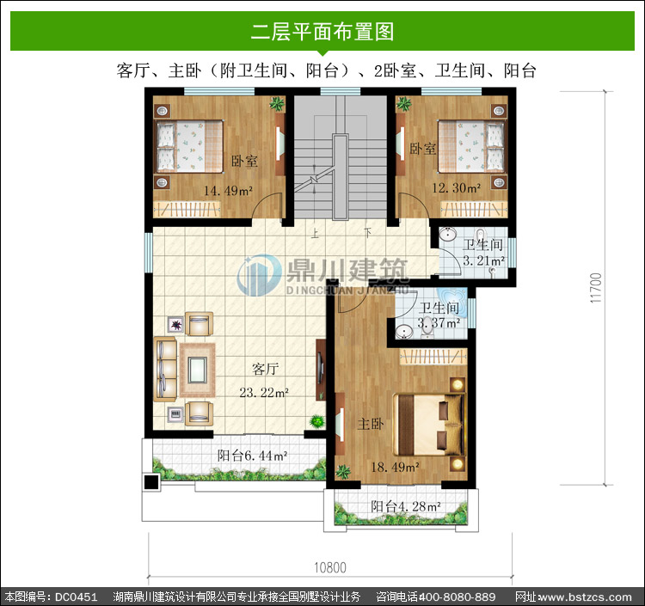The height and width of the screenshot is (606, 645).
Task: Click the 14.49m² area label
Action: [228, 191]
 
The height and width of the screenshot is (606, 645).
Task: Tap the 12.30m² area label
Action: [456, 188]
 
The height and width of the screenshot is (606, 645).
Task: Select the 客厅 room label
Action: [266, 370]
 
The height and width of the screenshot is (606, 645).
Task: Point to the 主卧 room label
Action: [371, 424]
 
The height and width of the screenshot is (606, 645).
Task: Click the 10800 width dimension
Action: [330, 568]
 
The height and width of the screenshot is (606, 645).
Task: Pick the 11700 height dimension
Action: [596, 288]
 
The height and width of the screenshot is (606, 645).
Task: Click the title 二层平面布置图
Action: [322, 32]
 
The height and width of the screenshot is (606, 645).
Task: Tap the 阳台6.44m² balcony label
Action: [252, 456]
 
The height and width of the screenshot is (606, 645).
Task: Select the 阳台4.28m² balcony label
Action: [406, 506]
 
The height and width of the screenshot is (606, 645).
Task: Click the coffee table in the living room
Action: [198, 370]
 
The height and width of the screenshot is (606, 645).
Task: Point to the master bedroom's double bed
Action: [428, 425]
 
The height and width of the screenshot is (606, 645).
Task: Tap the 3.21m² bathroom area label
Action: [483, 260]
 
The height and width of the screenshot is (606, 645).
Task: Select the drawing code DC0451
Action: [76, 597]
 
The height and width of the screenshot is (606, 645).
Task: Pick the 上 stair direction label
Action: [315, 234]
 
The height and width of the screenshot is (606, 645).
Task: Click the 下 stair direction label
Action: [367, 233]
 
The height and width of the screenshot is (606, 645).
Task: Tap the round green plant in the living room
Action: [317, 421]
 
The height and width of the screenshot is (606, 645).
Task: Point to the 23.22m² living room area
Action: [264, 393]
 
